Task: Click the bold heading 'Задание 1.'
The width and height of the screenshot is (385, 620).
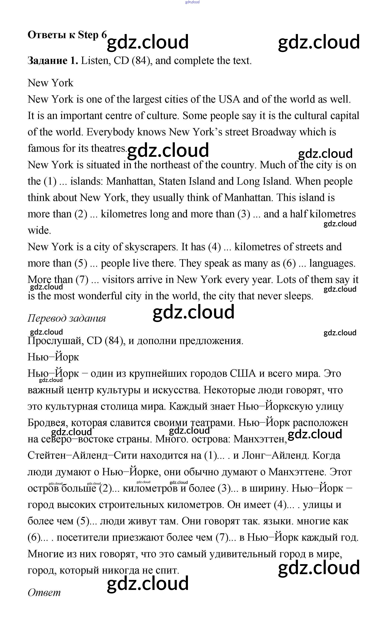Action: (x=52, y=61)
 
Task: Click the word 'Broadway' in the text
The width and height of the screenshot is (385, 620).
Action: (x=274, y=132)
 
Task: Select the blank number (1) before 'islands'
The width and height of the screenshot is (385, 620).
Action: (x=50, y=181)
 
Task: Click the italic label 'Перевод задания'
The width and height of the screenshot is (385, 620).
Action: (x=66, y=318)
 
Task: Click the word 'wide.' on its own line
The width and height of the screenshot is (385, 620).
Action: (x=39, y=230)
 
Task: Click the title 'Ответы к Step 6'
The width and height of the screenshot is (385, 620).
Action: (x=67, y=35)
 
